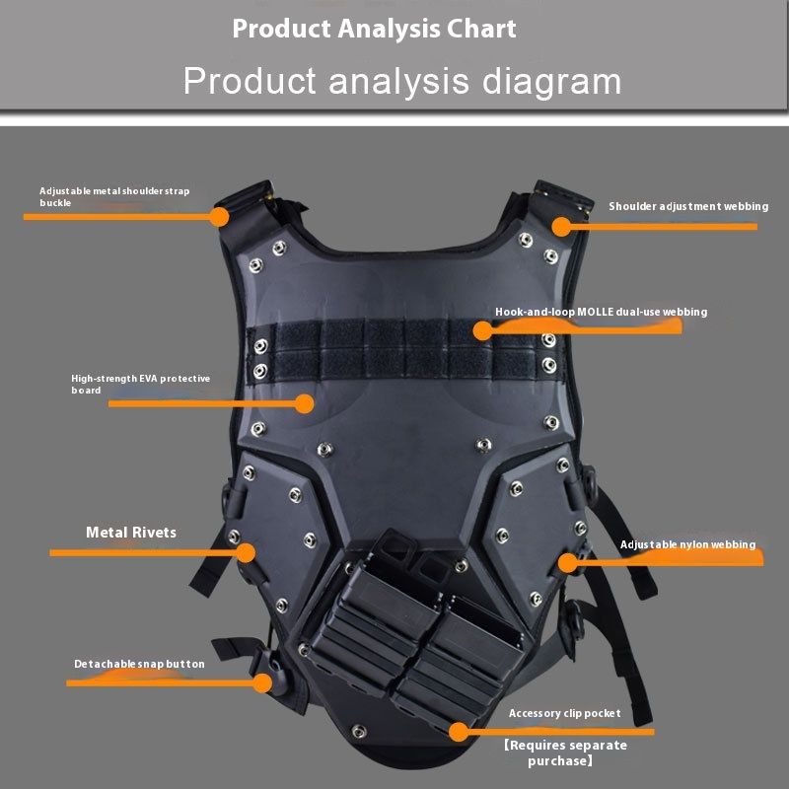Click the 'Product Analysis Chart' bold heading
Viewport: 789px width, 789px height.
point(374,29)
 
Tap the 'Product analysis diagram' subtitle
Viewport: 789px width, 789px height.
point(401,81)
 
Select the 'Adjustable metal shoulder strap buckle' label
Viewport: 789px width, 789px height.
point(114,196)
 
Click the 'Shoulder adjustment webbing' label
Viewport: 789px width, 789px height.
point(687,206)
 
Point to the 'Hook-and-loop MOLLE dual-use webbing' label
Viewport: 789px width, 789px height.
point(601,312)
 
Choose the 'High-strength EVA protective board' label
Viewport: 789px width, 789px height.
point(140,384)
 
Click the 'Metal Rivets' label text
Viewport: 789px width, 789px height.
point(131,533)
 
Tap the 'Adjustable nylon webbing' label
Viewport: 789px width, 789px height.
point(687,544)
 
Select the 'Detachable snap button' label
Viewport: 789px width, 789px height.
point(139,664)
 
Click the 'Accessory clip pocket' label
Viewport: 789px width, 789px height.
point(564,713)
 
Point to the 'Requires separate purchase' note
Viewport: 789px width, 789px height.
point(564,753)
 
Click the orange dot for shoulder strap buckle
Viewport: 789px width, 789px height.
point(219,215)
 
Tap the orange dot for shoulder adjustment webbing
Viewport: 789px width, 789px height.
point(561,226)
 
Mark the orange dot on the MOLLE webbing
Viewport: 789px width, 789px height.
point(481,330)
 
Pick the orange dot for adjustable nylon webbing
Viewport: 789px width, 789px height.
point(567,562)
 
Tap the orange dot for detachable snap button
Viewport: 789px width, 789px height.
point(262,682)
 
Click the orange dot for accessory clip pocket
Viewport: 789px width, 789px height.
point(458,731)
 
